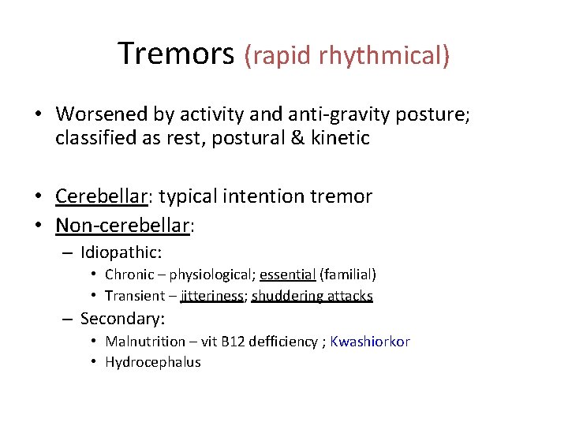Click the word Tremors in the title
click(176, 54)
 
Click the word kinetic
click(342, 138)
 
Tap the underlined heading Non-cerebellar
click(123, 226)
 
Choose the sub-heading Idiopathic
click(121, 252)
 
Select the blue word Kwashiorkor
click(370, 342)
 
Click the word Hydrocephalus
click(152, 362)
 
